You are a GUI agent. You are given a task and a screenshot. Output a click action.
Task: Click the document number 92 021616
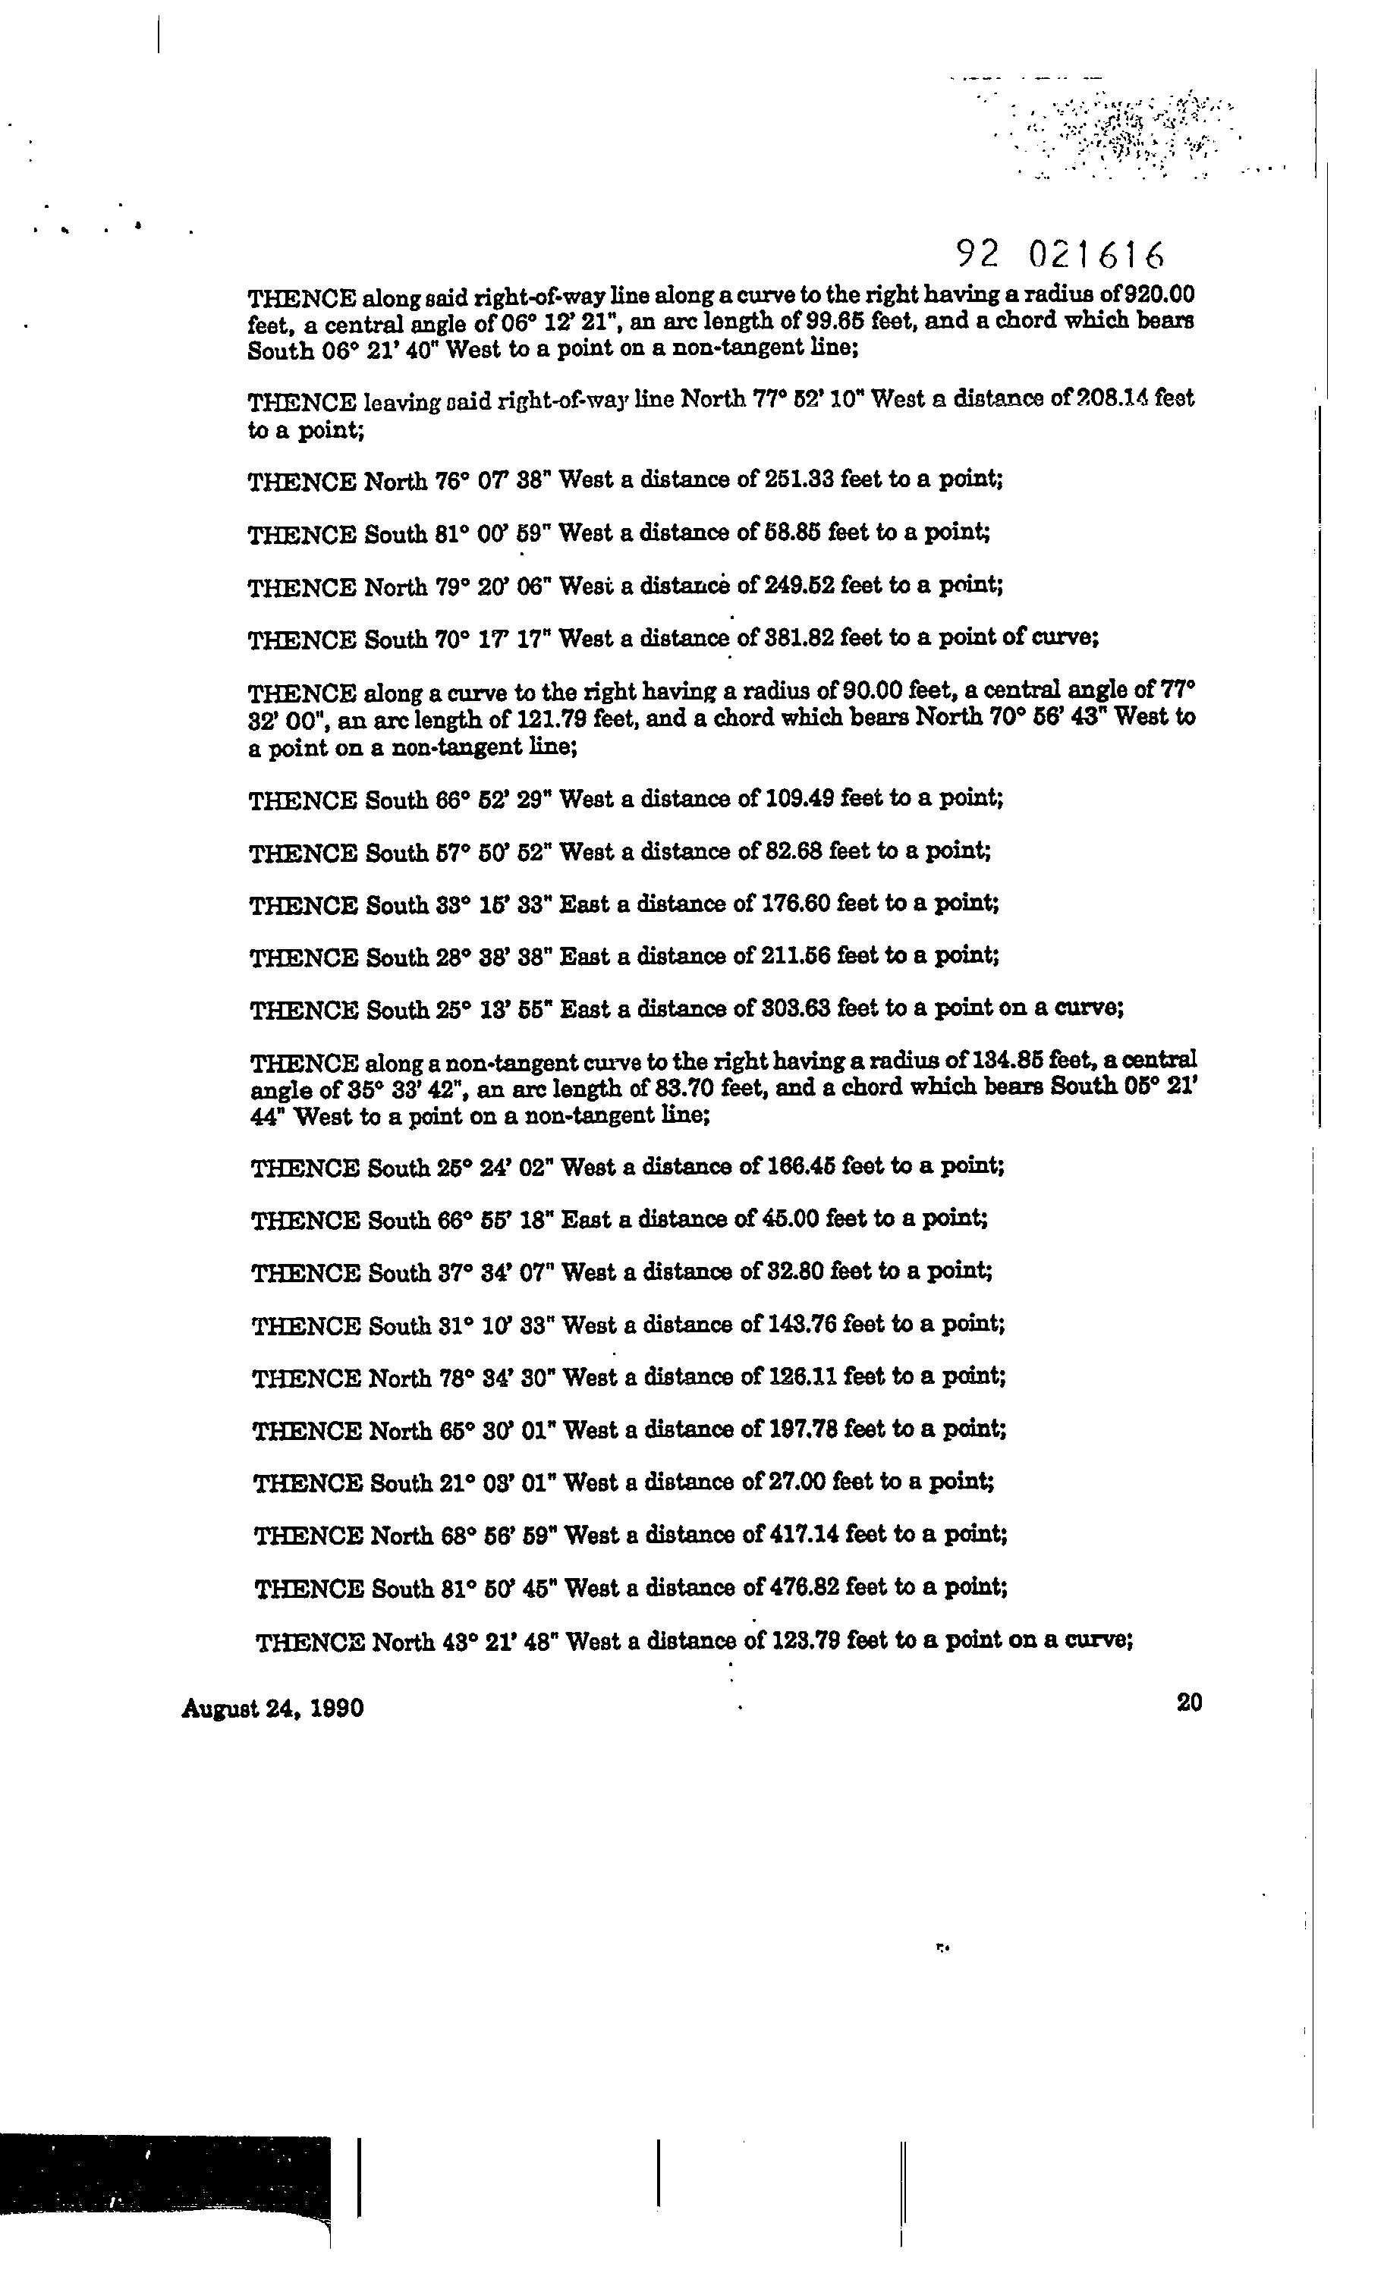(x=1060, y=253)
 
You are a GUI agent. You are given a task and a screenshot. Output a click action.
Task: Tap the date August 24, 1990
(x=272, y=1708)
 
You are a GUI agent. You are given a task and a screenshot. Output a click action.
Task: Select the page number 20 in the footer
(x=1190, y=1702)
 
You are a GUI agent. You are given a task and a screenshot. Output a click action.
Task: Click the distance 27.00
(x=795, y=1482)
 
